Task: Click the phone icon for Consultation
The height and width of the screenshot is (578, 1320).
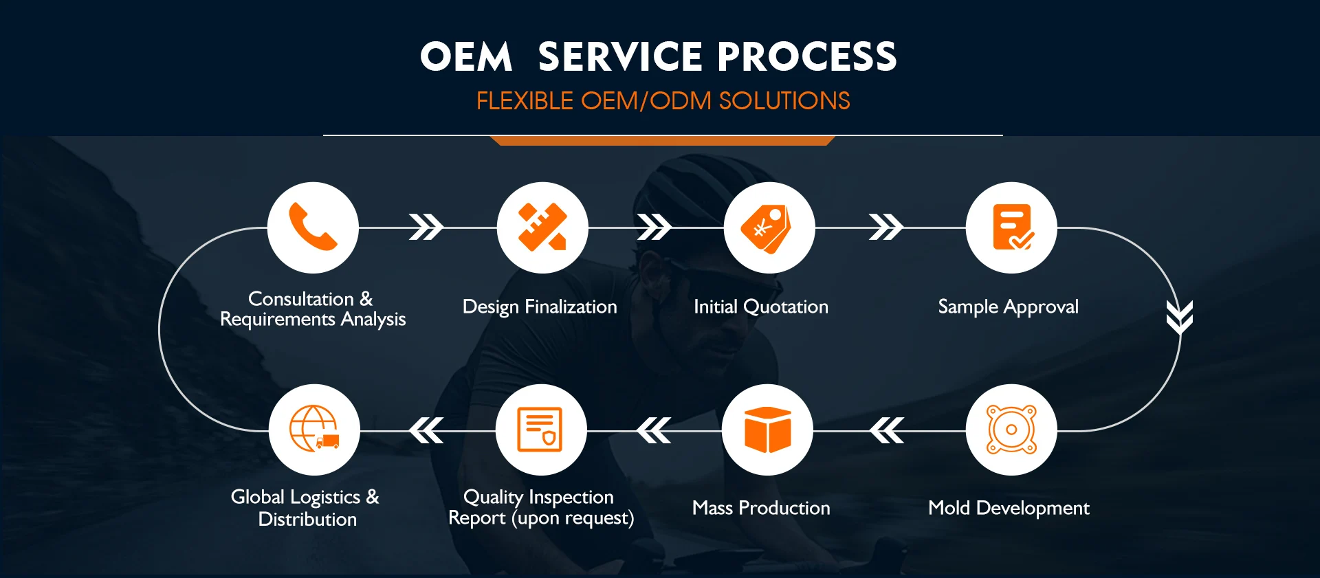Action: click(x=313, y=227)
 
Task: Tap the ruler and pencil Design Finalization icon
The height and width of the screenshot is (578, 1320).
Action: click(x=542, y=227)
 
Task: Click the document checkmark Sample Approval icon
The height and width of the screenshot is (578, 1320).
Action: click(x=1013, y=227)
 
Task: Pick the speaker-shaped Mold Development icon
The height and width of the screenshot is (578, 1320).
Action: click(x=1011, y=430)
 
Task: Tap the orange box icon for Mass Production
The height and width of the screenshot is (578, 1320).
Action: click(x=768, y=430)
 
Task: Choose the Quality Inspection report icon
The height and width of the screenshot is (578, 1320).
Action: click(x=540, y=430)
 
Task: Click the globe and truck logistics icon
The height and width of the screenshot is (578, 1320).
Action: click(x=314, y=428)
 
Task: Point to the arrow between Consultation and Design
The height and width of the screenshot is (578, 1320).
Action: click(x=426, y=227)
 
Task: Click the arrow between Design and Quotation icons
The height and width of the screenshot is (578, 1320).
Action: click(x=654, y=227)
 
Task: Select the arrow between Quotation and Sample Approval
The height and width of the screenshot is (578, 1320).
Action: click(x=886, y=227)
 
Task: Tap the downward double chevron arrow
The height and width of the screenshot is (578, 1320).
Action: click(x=1180, y=317)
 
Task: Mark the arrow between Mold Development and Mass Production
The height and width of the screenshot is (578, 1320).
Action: click(x=887, y=430)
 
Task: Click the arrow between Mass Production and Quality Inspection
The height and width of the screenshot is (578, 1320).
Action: click(x=654, y=430)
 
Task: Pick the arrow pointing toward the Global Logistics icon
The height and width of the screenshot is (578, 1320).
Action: click(x=426, y=430)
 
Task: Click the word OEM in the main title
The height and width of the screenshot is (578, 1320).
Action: click(x=466, y=56)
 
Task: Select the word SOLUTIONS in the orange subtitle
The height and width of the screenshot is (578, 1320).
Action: click(x=784, y=101)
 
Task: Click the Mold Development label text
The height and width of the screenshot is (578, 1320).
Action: click(x=1009, y=508)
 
